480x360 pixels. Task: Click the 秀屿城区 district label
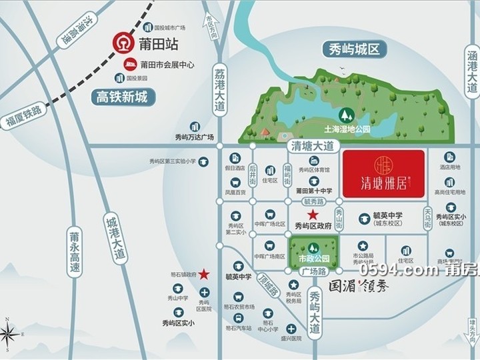[x=353, y=49]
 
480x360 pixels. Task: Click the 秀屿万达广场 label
[x=194, y=137]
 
